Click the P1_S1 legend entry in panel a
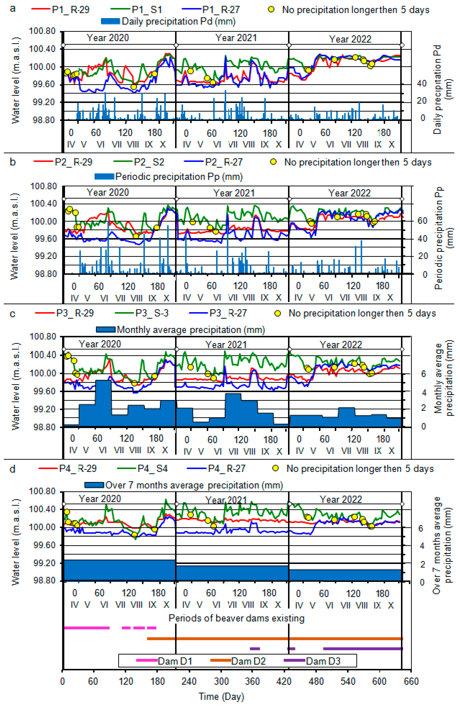click(147, 10)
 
